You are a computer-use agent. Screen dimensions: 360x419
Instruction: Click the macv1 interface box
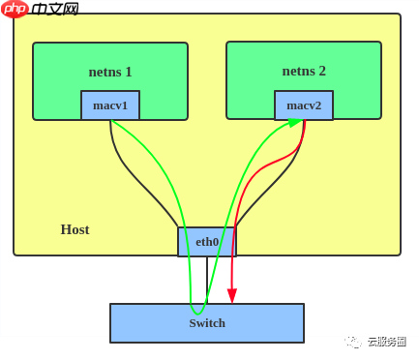[110, 105]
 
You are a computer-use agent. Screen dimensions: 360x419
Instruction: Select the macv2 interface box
[304, 105]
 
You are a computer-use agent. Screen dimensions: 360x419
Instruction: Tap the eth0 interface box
[207, 242]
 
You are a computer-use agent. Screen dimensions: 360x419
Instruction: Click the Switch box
[207, 323]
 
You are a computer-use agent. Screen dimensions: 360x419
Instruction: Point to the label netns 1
[110, 72]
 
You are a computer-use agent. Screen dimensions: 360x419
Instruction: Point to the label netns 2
[304, 71]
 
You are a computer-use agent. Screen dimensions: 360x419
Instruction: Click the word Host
[75, 229]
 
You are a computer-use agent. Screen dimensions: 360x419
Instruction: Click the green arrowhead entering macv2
[295, 122]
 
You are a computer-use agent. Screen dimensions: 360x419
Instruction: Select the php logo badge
[15, 9]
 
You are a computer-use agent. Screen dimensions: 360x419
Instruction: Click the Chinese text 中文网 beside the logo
[55, 10]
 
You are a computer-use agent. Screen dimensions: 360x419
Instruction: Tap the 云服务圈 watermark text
[386, 342]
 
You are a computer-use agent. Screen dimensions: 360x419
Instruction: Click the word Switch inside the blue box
[207, 323]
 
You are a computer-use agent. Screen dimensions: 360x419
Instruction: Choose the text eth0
[207, 242]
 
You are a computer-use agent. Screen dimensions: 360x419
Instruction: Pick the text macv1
[110, 105]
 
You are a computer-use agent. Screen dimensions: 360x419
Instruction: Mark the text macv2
[304, 105]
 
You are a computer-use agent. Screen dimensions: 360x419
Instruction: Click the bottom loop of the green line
[198, 313]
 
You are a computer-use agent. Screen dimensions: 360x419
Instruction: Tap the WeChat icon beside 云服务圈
[353, 342]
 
